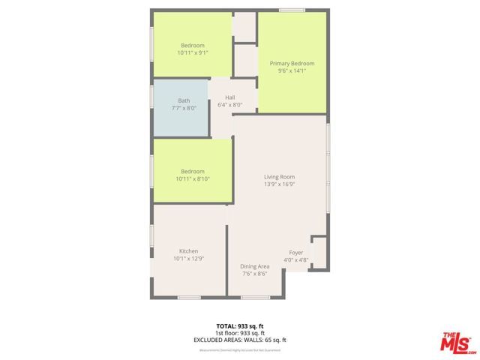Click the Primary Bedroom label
tap(292, 64)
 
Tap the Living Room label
tap(279, 177)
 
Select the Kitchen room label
tap(188, 250)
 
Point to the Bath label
tap(184, 100)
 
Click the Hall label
tap(230, 97)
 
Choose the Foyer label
tap(296, 253)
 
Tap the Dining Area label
tap(254, 266)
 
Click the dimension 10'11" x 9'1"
tap(193, 53)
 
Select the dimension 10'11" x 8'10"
tap(193, 179)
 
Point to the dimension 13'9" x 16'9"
tap(279, 184)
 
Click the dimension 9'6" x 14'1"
tap(292, 72)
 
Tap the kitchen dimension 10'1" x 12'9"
tap(188, 259)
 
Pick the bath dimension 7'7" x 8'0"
tap(184, 108)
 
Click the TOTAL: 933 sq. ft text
tap(240, 325)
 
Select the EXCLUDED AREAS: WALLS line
tap(240, 340)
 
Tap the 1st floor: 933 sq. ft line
tap(240, 333)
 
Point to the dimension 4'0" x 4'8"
tap(296, 260)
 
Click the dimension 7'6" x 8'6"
tap(254, 274)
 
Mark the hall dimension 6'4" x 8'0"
tap(230, 105)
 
